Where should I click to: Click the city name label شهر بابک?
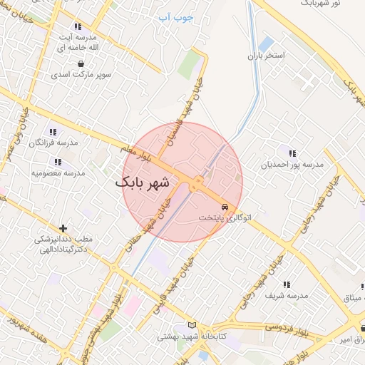coord(143,182)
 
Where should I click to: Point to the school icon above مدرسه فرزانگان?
coord(52,132)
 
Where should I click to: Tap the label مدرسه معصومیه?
coord(58,173)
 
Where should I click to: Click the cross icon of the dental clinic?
coord(63,229)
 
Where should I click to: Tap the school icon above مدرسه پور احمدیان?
coord(292,153)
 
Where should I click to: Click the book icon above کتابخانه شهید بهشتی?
coord(190,325)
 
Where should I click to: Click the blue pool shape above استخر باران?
coord(266,44)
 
